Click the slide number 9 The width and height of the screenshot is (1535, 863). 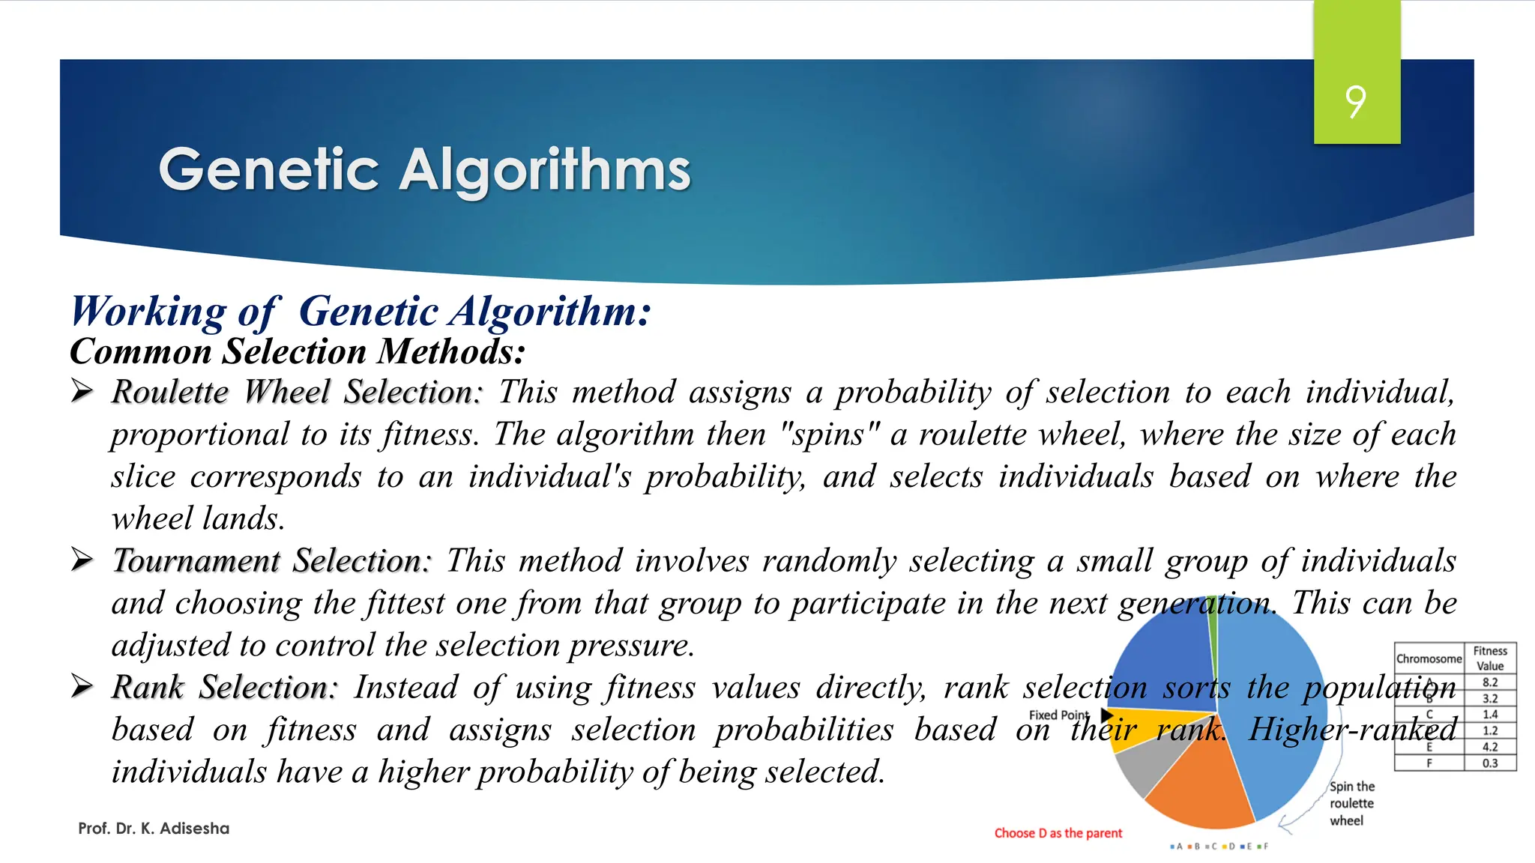click(x=1355, y=102)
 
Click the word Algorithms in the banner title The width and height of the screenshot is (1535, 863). click(x=544, y=171)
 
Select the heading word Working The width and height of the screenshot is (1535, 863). click(x=148, y=311)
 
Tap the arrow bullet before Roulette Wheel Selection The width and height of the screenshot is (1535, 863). click(x=82, y=390)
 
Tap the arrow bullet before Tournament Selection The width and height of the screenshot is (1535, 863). click(x=82, y=560)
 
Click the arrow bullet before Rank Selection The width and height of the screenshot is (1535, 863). click(x=82, y=685)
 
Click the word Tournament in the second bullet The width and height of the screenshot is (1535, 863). click(x=196, y=560)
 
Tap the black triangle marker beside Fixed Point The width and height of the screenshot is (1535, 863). click(x=1106, y=715)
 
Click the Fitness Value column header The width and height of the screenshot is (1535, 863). click(x=1489, y=658)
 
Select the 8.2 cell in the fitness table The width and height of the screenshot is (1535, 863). click(x=1489, y=682)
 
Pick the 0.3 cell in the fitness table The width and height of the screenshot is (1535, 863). click(x=1489, y=763)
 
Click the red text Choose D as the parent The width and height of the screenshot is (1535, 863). click(x=1058, y=833)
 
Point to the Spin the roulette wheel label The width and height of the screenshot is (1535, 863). click(x=1351, y=803)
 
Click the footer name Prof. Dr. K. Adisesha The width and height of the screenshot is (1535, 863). click(x=154, y=829)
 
